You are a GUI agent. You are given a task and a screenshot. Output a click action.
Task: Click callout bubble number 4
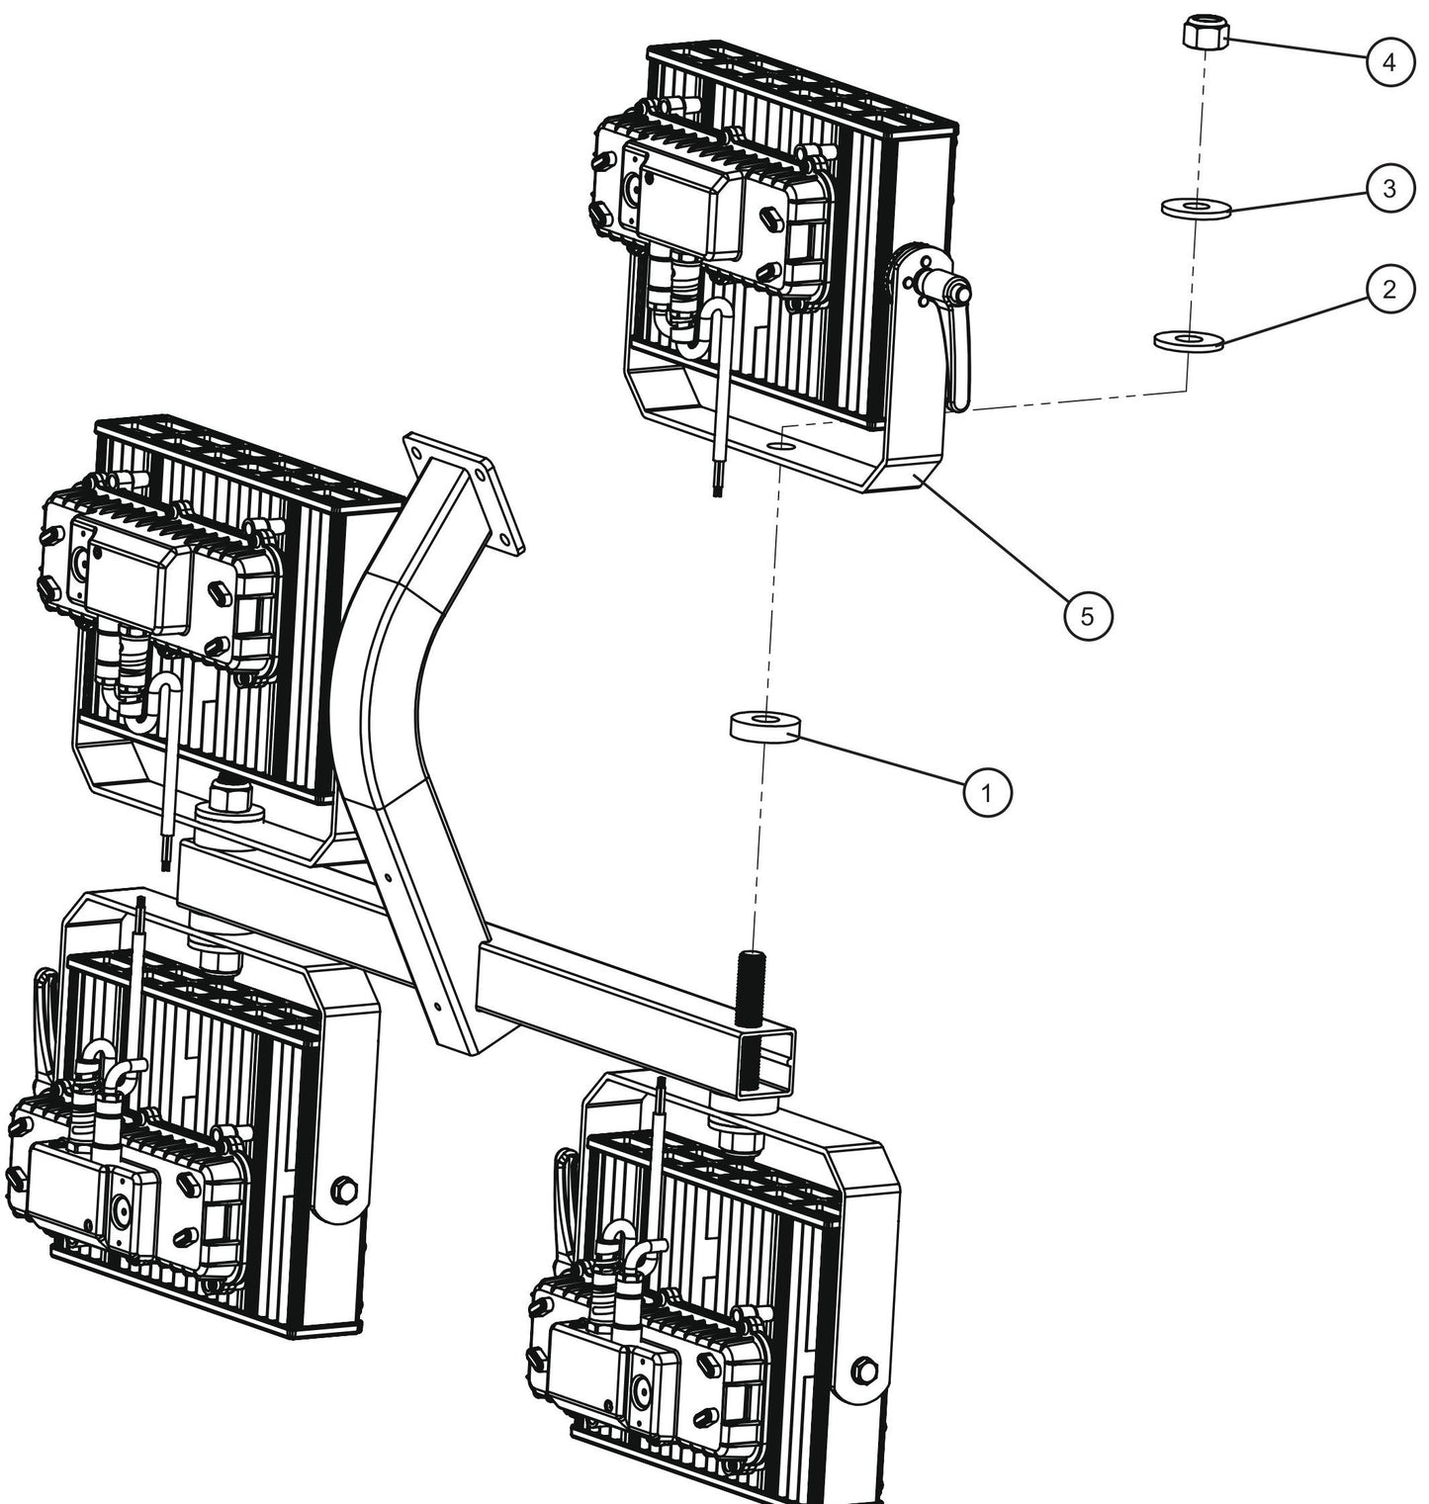(1389, 62)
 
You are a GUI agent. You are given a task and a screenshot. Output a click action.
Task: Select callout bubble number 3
(1389, 188)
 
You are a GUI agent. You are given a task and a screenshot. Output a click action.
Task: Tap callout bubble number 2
(1389, 291)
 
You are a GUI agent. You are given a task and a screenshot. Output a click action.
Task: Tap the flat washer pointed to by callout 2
(1190, 340)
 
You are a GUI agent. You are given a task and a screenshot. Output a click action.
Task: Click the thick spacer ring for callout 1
(764, 726)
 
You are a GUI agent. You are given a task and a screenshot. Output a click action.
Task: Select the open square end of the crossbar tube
(767, 1060)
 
